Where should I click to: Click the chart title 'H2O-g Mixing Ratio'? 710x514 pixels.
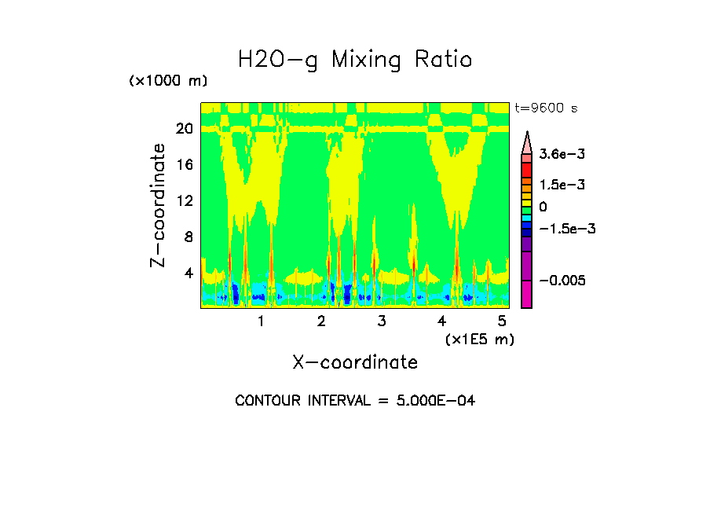(355, 59)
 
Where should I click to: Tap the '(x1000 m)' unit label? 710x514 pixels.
(168, 81)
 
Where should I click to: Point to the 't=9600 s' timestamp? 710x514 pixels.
(546, 108)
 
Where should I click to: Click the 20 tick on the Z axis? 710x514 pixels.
(184, 128)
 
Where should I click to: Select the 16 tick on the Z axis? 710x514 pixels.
(184, 164)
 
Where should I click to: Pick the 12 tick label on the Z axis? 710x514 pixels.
(184, 200)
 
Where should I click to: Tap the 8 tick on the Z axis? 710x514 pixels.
(188, 237)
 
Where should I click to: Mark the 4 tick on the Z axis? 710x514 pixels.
(188, 273)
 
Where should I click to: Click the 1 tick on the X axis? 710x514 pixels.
(261, 321)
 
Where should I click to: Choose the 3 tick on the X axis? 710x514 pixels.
(381, 321)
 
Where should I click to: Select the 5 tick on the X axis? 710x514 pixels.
(502, 321)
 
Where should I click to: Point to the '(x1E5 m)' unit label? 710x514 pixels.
(479, 339)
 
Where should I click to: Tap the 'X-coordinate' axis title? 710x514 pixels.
(355, 362)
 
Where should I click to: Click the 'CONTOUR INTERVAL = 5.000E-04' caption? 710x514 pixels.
(355, 401)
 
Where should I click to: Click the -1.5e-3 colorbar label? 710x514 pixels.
(567, 229)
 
